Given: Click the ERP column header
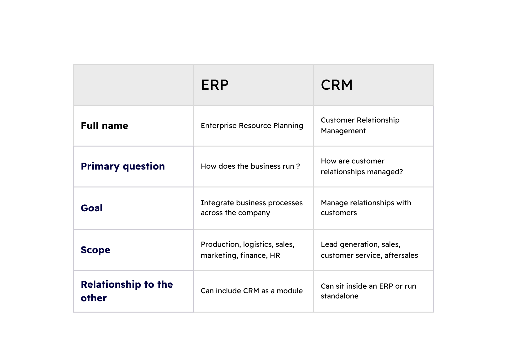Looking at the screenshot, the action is (215, 85).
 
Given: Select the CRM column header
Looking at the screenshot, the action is (337, 85).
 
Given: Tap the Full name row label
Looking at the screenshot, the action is (104, 126).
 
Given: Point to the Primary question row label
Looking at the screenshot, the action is (123, 166).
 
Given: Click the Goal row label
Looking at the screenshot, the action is (92, 208).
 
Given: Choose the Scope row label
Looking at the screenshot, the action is (95, 250).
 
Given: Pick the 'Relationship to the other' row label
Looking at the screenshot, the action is (127, 291).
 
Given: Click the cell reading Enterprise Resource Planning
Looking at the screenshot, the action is (252, 126).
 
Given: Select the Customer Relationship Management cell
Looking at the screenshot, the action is (360, 125).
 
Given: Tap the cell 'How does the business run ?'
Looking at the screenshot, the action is (250, 166).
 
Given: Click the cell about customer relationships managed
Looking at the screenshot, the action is (362, 166).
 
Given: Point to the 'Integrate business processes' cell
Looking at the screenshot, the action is (251, 208).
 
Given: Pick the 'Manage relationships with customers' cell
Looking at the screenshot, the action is (366, 208).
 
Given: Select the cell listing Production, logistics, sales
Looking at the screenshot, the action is (247, 250).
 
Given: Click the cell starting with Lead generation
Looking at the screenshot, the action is (369, 250).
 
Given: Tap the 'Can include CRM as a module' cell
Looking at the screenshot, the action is (251, 291).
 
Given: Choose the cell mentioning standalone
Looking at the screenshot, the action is (368, 291).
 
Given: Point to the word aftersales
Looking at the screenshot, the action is (401, 255).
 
